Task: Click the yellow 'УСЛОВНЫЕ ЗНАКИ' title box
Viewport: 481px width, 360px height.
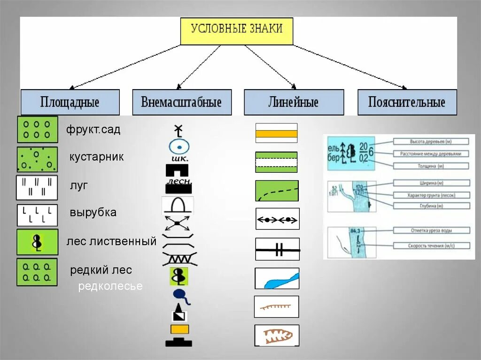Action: (x=237, y=31)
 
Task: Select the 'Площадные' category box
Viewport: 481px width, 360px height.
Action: (x=70, y=102)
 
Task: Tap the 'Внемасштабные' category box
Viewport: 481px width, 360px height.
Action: (x=182, y=102)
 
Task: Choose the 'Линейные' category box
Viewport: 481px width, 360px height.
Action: (x=294, y=102)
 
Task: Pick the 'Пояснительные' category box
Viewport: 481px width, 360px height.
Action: (x=407, y=102)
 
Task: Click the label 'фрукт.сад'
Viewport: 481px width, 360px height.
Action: (x=93, y=130)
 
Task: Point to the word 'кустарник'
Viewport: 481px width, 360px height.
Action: (x=97, y=157)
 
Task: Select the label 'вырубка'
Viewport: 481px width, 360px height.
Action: (x=93, y=212)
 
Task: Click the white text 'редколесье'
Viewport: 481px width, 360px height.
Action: (x=110, y=286)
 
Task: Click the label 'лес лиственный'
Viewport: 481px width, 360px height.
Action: (x=111, y=242)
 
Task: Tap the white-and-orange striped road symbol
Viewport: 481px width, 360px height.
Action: (x=276, y=133)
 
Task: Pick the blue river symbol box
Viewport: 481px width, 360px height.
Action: (x=277, y=278)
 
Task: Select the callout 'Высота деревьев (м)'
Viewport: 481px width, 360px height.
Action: (x=431, y=141)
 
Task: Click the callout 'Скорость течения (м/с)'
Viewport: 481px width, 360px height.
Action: (x=431, y=246)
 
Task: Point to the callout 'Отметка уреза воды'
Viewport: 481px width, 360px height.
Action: (x=431, y=230)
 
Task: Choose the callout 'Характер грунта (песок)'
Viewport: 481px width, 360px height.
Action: (x=431, y=195)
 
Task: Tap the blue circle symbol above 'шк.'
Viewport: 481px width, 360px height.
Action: (x=179, y=147)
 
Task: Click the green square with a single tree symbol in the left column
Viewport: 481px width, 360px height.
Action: (x=37, y=242)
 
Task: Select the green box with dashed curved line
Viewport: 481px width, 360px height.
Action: (x=277, y=191)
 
